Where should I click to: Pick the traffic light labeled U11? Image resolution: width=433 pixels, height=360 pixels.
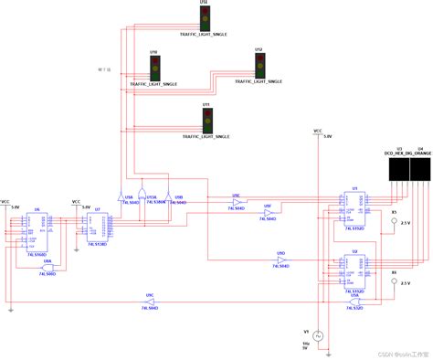click(x=207, y=119)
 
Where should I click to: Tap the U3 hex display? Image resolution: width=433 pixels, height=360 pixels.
click(x=397, y=169)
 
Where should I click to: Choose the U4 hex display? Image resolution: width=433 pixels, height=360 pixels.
click(x=421, y=169)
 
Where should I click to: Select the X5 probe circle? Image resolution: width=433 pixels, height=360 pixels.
click(x=395, y=221)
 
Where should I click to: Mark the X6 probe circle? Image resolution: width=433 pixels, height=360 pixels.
click(x=395, y=282)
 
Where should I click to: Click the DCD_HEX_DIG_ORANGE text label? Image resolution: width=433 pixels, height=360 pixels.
click(x=408, y=154)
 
